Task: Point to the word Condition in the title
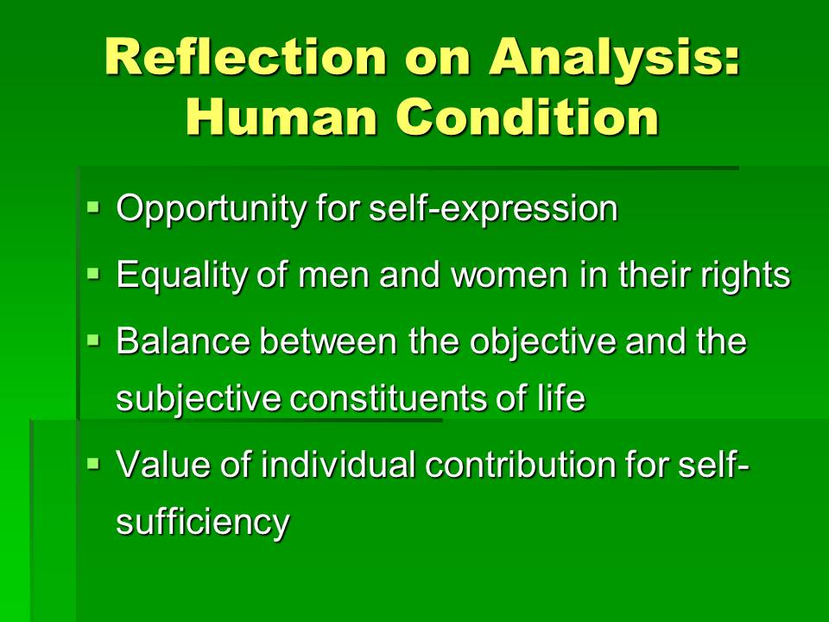[528, 117]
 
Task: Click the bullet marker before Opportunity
[93, 206]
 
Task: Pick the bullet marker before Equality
[93, 273]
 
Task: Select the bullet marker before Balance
[93, 340]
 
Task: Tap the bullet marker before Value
[93, 463]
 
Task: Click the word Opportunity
[211, 210]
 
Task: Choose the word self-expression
[493, 210]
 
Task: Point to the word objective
[543, 343]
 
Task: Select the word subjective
[199, 400]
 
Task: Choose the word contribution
[521, 464]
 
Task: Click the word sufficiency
[203, 524]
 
